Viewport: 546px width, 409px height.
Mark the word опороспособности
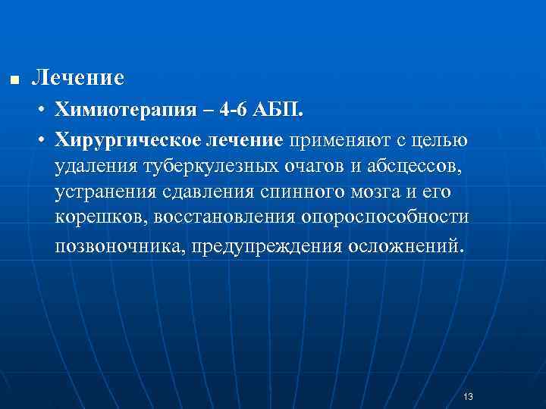385,219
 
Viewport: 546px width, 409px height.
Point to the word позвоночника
119,246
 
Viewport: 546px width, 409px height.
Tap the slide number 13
467,397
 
